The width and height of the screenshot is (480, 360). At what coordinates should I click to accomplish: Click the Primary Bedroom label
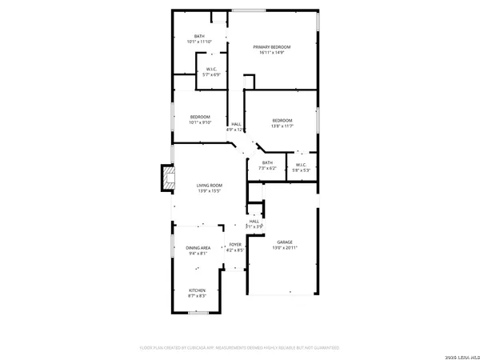coord(272,47)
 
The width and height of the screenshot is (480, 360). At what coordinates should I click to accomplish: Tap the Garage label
coord(285,242)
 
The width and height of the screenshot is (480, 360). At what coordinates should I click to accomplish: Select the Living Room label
coord(209,186)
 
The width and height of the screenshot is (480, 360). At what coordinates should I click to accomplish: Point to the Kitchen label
coord(197,290)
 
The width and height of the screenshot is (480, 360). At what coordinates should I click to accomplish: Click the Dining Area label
coord(198,249)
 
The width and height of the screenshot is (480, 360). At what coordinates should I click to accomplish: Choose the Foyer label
coord(235,245)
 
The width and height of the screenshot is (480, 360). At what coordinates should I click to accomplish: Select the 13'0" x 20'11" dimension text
coord(285,248)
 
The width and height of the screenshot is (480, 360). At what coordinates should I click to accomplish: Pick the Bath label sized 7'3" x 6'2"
coord(266,162)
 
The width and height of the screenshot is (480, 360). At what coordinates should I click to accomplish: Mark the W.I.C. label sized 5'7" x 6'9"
coord(213,68)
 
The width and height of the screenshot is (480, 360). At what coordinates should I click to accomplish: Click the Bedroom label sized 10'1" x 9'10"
coord(200,117)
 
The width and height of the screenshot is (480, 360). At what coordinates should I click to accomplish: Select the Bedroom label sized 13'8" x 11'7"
coord(282,120)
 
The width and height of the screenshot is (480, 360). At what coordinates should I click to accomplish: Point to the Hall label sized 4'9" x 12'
coord(236,124)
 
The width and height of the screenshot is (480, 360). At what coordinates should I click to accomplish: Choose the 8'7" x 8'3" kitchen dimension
coord(197,296)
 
